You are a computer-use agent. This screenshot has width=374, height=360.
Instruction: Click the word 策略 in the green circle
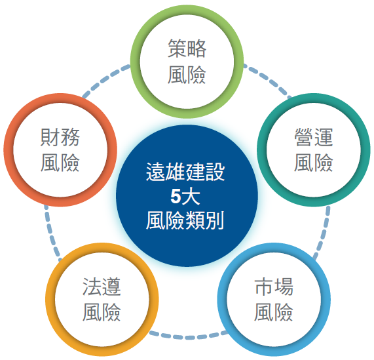[187, 49]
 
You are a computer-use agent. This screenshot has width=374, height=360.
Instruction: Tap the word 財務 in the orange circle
[60, 137]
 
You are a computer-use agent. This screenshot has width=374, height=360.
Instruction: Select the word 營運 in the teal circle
[314, 137]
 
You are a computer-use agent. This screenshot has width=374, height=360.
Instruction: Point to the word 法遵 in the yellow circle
[102, 287]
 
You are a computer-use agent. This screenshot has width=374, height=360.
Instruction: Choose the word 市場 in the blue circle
[274, 287]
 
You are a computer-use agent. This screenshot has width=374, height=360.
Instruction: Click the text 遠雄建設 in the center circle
[185, 172]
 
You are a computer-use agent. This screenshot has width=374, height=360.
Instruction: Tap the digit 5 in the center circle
[176, 197]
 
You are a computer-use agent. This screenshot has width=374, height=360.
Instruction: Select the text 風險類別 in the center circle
[185, 220]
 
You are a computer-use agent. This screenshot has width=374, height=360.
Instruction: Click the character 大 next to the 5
[191, 197]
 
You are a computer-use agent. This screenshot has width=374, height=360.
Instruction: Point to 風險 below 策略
[187, 75]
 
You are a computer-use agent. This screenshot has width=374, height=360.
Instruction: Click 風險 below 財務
[60, 163]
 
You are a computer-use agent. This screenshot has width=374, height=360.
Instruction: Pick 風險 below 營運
[314, 163]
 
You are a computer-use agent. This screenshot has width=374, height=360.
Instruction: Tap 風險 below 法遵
[102, 312]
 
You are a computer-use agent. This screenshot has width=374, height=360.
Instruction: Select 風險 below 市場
[274, 312]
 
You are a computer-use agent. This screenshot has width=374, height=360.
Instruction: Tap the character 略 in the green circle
[196, 49]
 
